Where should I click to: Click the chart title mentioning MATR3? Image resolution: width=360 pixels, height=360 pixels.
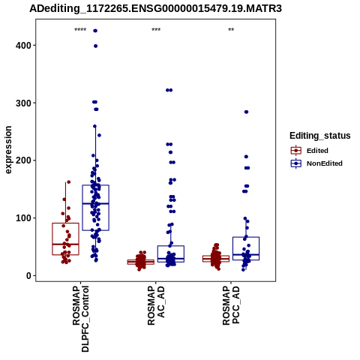pos(155,8)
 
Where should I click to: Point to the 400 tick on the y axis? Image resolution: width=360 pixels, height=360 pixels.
pos(23,46)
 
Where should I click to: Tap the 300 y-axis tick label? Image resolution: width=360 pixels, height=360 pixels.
pos(23,103)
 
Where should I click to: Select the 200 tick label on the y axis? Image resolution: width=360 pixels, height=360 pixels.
pos(23,160)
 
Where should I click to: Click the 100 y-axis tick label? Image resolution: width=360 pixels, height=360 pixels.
pos(23,217)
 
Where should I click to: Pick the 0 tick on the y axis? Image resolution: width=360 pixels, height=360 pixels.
pos(28,275)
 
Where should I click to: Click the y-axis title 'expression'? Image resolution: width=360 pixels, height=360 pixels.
pos(8,150)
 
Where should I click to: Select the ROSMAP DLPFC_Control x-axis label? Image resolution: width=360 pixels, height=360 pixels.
pos(81,319)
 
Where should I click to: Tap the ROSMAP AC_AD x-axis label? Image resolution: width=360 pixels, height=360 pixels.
pos(156,305)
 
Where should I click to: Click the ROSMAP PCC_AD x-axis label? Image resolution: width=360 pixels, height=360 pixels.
pos(231,305)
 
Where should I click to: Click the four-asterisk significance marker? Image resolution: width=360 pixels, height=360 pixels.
pos(80,30)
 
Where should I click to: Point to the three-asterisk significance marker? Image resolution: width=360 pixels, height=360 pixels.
pos(156,30)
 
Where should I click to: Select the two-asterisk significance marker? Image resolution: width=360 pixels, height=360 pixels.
pos(231,30)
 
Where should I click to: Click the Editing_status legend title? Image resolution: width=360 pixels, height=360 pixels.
pos(319,136)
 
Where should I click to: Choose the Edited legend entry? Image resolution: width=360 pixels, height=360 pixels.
pos(309,151)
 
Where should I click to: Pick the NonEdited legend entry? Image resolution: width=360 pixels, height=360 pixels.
pos(316,163)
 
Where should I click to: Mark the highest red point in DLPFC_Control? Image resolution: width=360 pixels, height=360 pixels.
pos(69,182)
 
